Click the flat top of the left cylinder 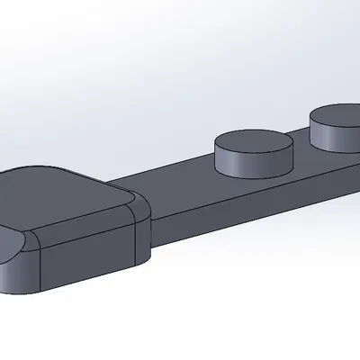pos(254,141)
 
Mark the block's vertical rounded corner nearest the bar pos(142,241)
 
